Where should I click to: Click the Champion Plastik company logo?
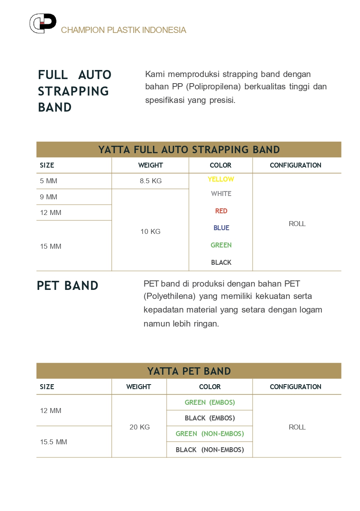(x=43, y=23)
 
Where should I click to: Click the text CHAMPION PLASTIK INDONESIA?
(x=123, y=30)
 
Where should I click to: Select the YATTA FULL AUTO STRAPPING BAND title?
(x=189, y=149)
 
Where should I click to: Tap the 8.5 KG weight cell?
(x=151, y=181)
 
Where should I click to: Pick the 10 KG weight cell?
(x=151, y=231)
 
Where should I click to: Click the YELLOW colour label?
(x=221, y=179)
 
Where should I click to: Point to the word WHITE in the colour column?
(x=221, y=194)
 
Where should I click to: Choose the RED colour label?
(x=221, y=211)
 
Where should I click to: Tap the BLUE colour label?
(x=221, y=228)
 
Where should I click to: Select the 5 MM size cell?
(x=49, y=181)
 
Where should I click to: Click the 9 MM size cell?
(x=49, y=197)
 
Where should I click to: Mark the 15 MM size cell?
(x=51, y=246)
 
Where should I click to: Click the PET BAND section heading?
(x=67, y=285)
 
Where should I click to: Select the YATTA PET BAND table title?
(x=189, y=371)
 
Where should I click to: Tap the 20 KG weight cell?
(x=139, y=427)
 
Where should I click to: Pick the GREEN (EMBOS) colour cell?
(x=210, y=402)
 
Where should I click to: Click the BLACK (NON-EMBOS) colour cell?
(x=210, y=450)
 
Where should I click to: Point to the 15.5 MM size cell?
(x=53, y=442)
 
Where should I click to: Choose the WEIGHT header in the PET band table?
(x=139, y=387)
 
